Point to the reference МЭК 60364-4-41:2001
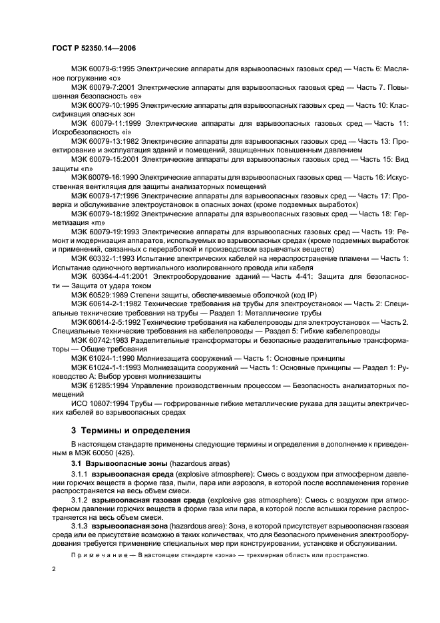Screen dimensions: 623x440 [112, 277]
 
